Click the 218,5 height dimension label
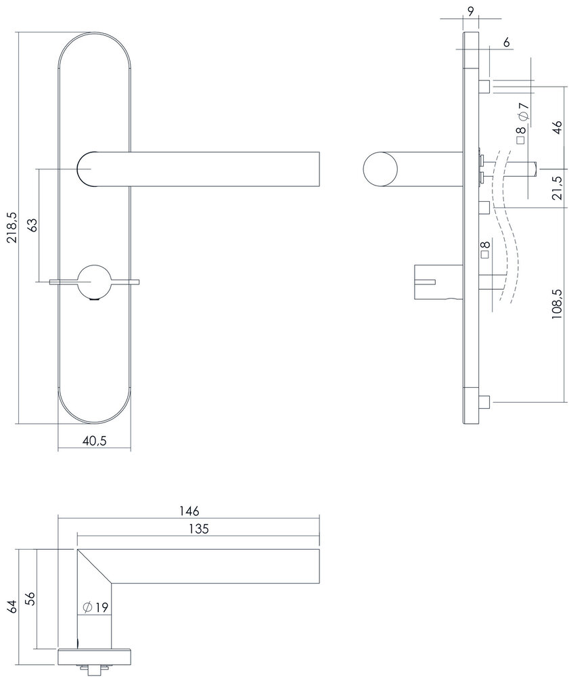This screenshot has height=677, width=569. (9, 228)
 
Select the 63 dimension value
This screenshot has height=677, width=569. (32, 225)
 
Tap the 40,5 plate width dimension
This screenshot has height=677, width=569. (94, 440)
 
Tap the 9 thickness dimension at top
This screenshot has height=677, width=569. (470, 9)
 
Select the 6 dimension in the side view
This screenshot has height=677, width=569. (506, 42)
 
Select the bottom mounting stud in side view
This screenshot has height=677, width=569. (485, 404)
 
